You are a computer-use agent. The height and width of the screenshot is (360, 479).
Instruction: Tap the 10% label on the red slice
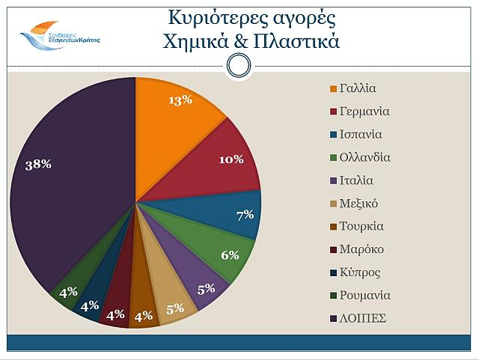[231, 159]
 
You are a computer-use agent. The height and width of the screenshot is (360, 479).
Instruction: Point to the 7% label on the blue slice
[245, 215]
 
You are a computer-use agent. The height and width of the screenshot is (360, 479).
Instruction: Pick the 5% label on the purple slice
[206, 288]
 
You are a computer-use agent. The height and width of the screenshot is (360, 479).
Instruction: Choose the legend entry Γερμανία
[364, 112]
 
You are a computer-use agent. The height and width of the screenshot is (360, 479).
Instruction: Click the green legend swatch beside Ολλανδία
[333, 158]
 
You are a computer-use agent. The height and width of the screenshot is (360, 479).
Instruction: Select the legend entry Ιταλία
[356, 180]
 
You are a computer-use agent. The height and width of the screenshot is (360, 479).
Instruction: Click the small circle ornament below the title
[238, 66]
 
